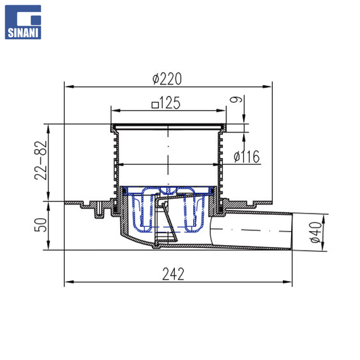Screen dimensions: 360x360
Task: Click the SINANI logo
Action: coord(23,22)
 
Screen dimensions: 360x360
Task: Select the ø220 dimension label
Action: coord(167,79)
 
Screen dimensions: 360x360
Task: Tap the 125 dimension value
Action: coord(170,103)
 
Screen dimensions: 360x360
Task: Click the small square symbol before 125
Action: coord(155,105)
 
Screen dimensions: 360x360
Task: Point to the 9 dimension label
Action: coord(236,99)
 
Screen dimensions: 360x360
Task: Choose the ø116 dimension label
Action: coord(247,157)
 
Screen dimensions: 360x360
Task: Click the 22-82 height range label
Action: coord(41,160)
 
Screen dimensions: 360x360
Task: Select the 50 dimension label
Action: coord(41,225)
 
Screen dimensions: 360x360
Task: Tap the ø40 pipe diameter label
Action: coord(316,232)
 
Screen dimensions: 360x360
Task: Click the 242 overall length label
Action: coord(173,274)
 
